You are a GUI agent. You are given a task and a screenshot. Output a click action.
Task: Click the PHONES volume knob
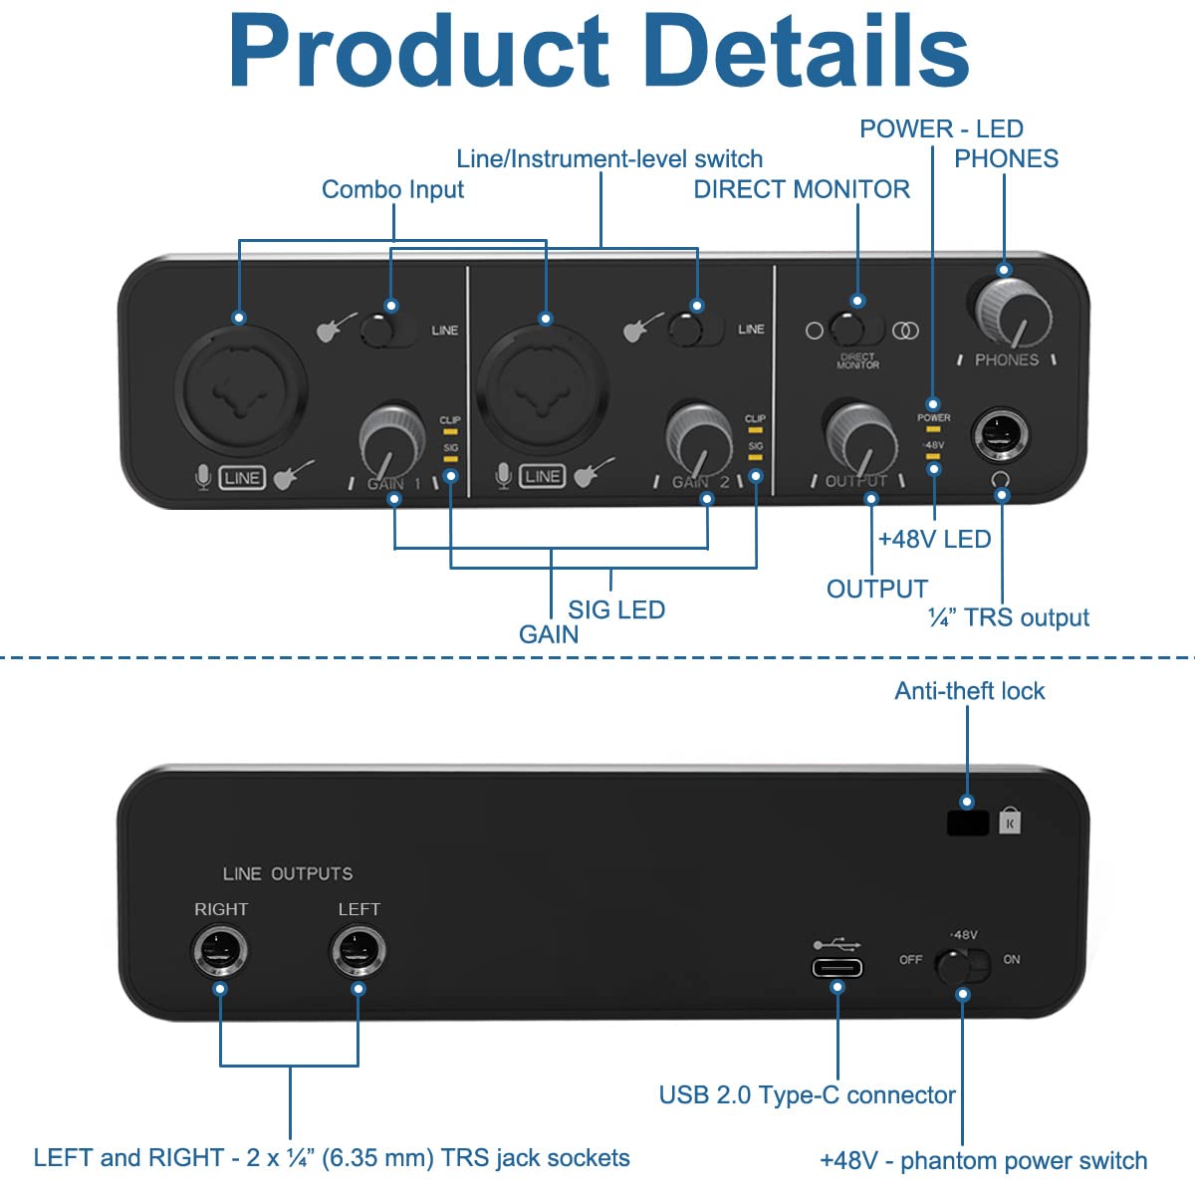click(1012, 313)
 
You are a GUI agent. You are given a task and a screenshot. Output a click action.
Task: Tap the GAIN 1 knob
click(390, 438)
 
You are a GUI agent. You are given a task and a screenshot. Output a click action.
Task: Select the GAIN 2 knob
click(698, 438)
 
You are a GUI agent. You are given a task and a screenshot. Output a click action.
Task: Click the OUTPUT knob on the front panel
click(859, 438)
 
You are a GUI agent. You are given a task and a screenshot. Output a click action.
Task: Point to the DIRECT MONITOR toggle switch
click(857, 329)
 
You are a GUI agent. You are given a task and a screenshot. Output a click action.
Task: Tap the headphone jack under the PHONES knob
click(1001, 435)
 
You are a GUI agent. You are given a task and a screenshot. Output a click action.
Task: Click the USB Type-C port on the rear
click(836, 967)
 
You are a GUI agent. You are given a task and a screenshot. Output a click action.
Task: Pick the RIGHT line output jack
click(220, 951)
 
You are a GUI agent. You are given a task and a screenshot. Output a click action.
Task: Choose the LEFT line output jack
click(358, 951)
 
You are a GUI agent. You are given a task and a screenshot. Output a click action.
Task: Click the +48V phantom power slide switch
click(962, 964)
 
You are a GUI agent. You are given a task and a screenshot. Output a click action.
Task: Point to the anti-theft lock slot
click(967, 823)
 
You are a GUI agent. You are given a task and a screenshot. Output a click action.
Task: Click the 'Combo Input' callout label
click(392, 189)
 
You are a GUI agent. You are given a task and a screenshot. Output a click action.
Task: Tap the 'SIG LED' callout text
click(616, 609)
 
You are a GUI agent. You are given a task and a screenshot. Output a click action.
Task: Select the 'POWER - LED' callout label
click(941, 128)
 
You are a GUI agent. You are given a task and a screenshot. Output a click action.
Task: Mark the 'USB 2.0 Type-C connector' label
click(807, 1094)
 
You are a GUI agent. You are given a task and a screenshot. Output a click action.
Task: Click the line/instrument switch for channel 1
click(387, 329)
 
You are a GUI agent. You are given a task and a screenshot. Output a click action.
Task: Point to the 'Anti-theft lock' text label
click(969, 691)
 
